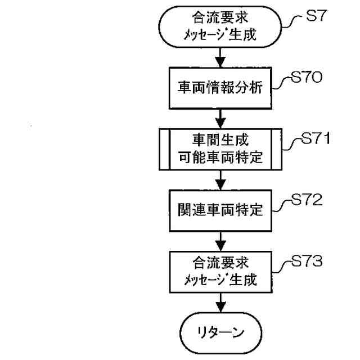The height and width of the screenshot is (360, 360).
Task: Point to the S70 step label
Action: click(307, 79)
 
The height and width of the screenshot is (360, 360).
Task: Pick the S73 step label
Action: click(308, 262)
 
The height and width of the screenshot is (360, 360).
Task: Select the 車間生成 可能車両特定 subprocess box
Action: click(222, 150)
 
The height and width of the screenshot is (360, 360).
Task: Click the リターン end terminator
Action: click(222, 331)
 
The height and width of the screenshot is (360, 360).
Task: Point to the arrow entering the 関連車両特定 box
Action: click(222, 181)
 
